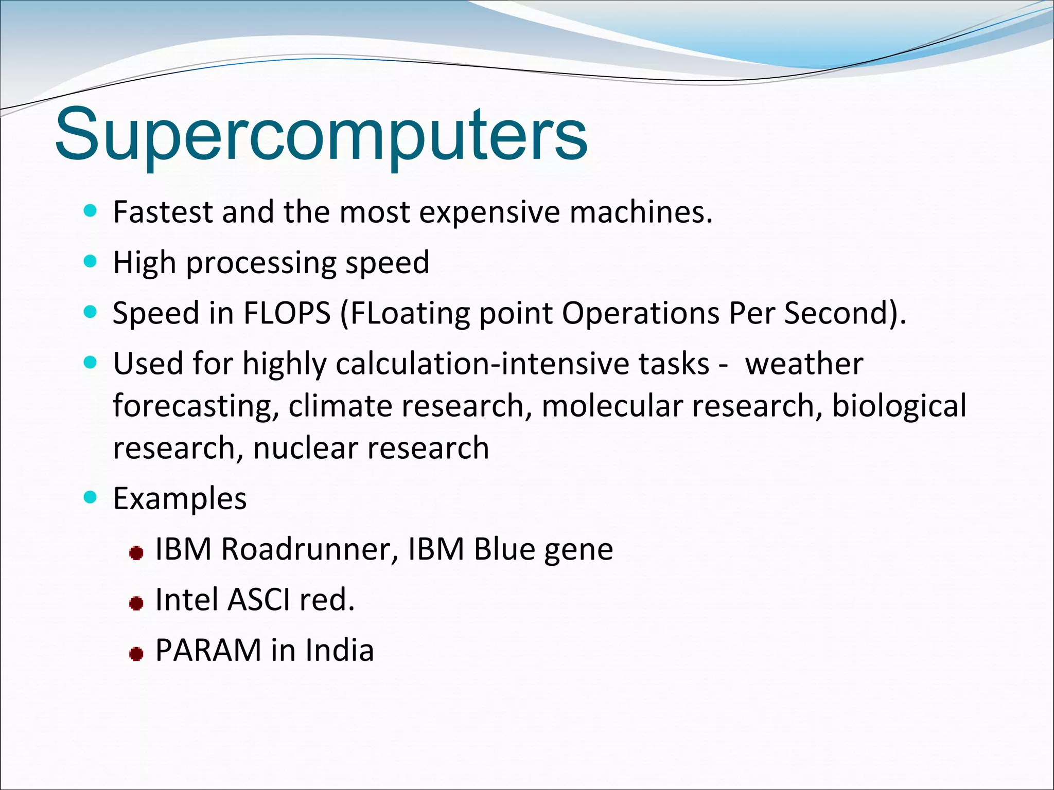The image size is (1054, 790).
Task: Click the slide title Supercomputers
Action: pyautogui.click(x=321, y=135)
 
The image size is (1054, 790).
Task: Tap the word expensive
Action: pyautogui.click(x=489, y=212)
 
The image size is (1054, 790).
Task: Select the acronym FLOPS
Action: pyautogui.click(x=287, y=313)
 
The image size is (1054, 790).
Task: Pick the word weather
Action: pyautogui.click(x=804, y=364)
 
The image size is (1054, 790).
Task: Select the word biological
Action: pyautogui.click(x=899, y=406)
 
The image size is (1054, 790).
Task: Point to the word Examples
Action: pyautogui.click(x=180, y=498)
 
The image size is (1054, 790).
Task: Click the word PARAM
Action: pyautogui.click(x=208, y=650)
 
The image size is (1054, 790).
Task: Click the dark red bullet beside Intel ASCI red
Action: pyautogui.click(x=136, y=603)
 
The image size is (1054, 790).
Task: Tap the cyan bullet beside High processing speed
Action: pyautogui.click(x=90, y=262)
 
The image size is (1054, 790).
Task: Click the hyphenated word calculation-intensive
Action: pyautogui.click(x=522, y=364)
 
